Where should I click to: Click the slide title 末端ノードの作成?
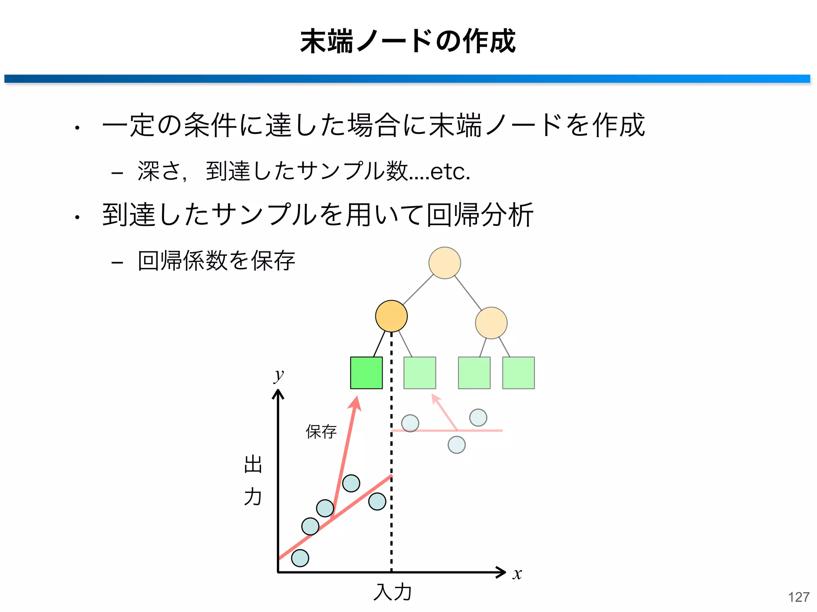[408, 41]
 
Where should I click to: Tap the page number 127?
[798, 597]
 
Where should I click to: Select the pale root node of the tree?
[444, 263]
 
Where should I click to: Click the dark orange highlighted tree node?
[391, 316]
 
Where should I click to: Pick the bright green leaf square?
[366, 373]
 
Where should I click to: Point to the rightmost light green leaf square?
[518, 373]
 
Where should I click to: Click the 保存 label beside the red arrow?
[321, 432]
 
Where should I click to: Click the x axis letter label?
[517, 574]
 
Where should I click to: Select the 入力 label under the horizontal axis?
[393, 592]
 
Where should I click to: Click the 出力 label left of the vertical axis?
[253, 481]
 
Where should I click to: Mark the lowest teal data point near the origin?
[300, 558]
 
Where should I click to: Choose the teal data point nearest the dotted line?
[377, 501]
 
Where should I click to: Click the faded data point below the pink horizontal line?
[456, 445]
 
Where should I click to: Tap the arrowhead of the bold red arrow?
[355, 402]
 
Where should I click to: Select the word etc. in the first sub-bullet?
[450, 172]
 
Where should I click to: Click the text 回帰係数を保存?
[216, 261]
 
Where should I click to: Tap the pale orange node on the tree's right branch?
[491, 323]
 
